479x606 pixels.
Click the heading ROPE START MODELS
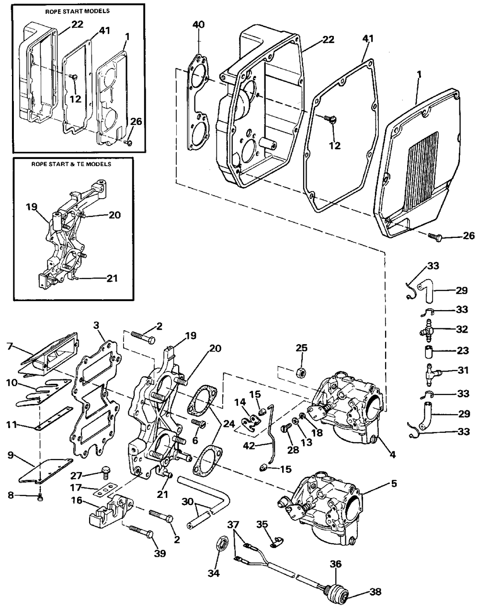78,11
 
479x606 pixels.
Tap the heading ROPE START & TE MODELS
71,164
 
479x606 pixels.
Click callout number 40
198,24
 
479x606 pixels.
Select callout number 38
376,592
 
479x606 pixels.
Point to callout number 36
335,564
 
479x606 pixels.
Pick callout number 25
301,348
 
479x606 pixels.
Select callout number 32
462,329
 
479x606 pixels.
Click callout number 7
10,346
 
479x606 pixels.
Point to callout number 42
250,446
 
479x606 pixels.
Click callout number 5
394,483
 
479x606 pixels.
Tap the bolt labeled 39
141,531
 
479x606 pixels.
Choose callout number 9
11,463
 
